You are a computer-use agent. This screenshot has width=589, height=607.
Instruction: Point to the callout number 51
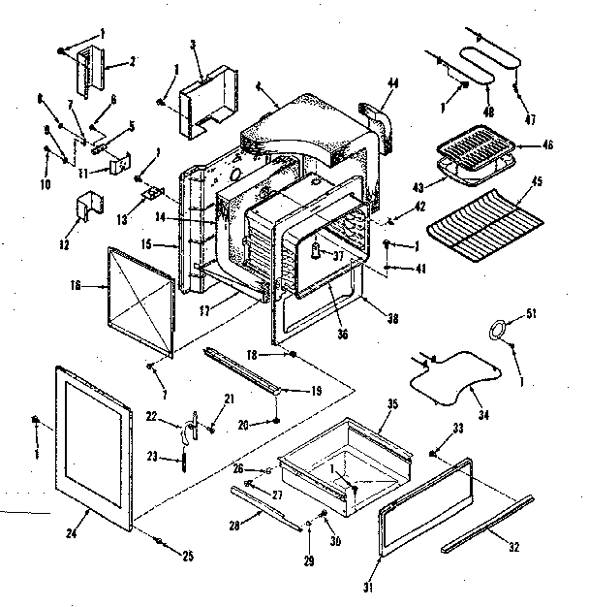[x=530, y=312]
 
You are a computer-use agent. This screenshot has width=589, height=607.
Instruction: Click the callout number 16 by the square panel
[x=77, y=287]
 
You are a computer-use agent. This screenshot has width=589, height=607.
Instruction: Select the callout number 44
[x=392, y=84]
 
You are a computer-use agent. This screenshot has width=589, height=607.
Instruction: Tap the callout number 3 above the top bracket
[x=194, y=45]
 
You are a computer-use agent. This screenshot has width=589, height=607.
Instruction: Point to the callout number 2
[x=132, y=60]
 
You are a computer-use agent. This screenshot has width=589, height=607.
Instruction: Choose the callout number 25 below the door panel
[x=188, y=556]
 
